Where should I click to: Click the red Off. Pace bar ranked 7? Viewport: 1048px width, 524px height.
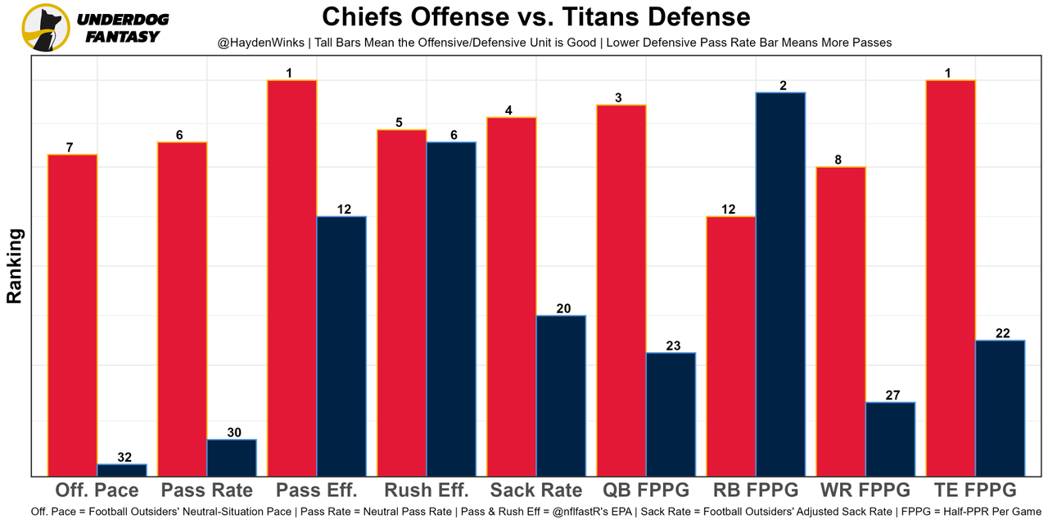[73, 315]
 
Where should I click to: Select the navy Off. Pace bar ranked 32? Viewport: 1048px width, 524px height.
[122, 470]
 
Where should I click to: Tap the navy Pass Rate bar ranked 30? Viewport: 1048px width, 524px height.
[232, 458]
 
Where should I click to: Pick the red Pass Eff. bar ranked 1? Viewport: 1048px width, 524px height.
[292, 278]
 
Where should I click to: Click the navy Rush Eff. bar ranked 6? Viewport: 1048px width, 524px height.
[451, 309]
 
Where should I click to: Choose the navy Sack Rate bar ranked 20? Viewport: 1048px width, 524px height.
[561, 395]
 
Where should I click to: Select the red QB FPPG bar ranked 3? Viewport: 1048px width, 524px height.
[621, 291]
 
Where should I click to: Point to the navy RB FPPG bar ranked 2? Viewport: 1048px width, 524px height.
[780, 284]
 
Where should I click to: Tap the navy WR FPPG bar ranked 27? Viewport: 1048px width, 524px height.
[890, 439]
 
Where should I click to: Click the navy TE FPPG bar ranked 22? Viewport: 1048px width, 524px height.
[1000, 408]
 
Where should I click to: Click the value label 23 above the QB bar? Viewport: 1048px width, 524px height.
[673, 346]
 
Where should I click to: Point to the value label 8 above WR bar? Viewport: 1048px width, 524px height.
[838, 160]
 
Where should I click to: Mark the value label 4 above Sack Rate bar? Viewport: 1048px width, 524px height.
[508, 111]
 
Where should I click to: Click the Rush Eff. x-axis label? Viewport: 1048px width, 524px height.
[427, 490]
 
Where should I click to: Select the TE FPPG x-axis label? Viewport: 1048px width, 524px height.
[975, 490]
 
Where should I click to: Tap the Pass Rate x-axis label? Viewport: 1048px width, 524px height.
[207, 490]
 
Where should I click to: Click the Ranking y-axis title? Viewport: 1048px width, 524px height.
[15, 266]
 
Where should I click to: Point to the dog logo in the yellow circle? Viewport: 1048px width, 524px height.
[46, 27]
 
